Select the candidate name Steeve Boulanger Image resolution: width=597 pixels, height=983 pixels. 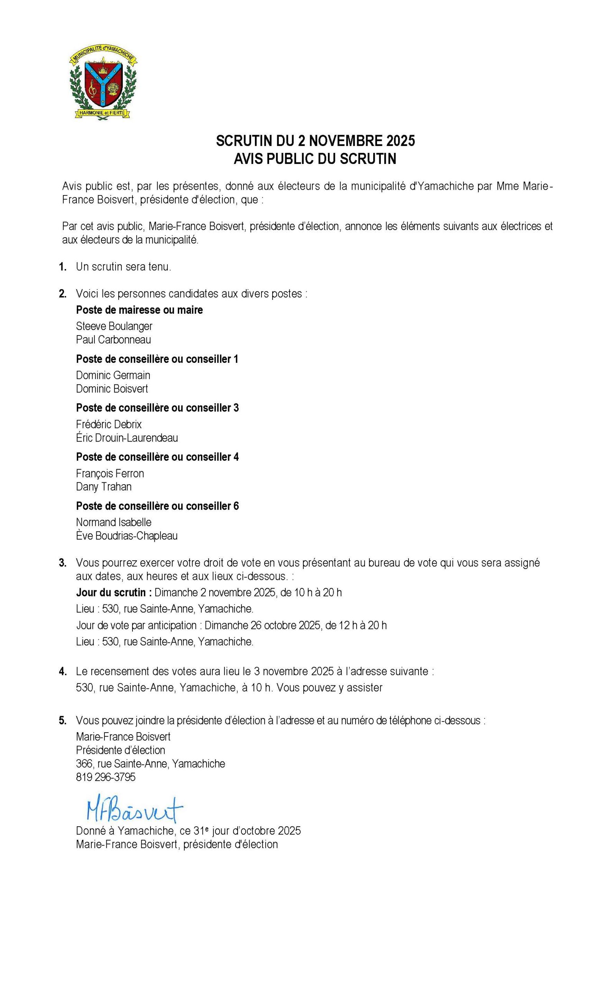click(x=114, y=326)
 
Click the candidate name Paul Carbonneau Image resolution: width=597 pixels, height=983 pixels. click(x=113, y=339)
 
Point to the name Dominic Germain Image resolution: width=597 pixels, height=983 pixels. click(x=113, y=375)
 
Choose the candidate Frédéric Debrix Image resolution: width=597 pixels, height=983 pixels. click(x=109, y=424)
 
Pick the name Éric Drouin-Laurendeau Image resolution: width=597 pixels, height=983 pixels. click(x=127, y=438)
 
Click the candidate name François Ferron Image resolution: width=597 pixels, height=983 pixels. click(x=110, y=473)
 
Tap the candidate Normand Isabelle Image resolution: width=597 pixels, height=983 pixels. click(x=114, y=522)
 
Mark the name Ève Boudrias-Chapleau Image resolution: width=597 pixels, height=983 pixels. click(x=127, y=535)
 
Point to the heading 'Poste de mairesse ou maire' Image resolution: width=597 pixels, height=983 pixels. click(x=139, y=309)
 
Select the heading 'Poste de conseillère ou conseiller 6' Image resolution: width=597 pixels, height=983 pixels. click(x=157, y=506)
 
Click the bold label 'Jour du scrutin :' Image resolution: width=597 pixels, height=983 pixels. click(x=114, y=592)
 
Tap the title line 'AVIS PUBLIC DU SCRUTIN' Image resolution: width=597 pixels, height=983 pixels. click(x=315, y=159)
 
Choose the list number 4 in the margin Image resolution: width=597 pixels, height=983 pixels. click(x=63, y=672)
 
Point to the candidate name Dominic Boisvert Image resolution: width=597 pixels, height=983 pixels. click(x=112, y=389)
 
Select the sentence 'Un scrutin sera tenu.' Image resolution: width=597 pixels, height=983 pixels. click(x=124, y=267)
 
